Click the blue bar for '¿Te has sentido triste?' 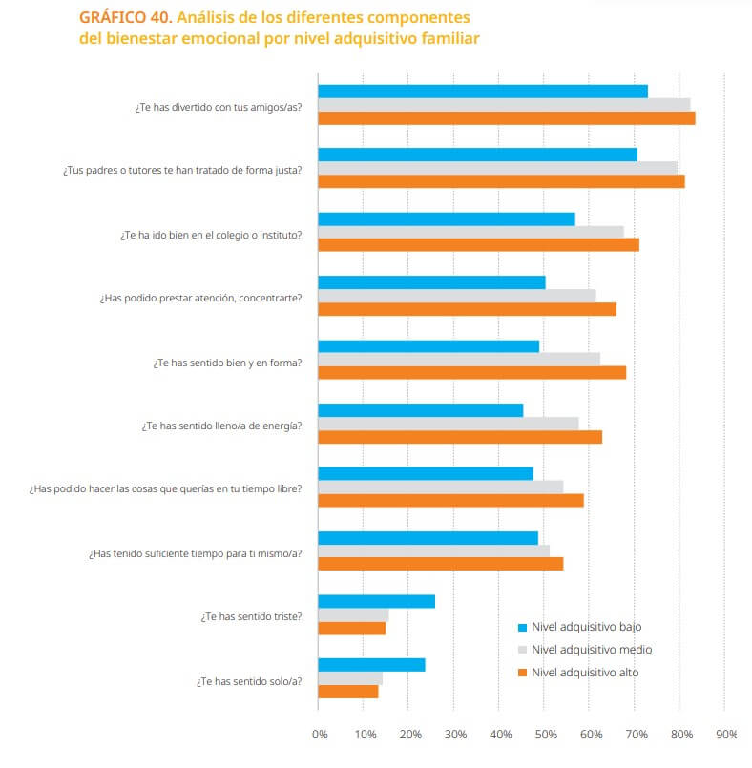pos(376,601)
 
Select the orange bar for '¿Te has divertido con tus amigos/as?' pos(506,118)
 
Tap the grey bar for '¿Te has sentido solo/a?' pos(350,678)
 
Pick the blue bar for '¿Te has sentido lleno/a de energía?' pos(420,410)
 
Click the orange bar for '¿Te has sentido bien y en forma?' pos(471,372)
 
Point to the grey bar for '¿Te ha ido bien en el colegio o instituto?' pos(470,232)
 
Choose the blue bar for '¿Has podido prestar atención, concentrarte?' pos(431,282)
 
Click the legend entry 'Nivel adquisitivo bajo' pos(586,627)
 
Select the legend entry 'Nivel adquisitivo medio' pos(592,650)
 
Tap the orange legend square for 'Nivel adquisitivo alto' pos(522,673)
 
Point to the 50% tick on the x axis pos(544,735)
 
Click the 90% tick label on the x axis pos(726,735)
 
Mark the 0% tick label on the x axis pos(320,735)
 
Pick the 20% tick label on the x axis pos(410,735)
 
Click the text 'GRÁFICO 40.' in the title pos(125,18)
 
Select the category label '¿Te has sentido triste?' pos(251,616)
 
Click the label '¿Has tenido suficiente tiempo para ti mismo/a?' pos(196,552)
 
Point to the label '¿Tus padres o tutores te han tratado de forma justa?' pos(182,170)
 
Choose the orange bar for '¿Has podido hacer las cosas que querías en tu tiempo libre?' pos(450,500)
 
